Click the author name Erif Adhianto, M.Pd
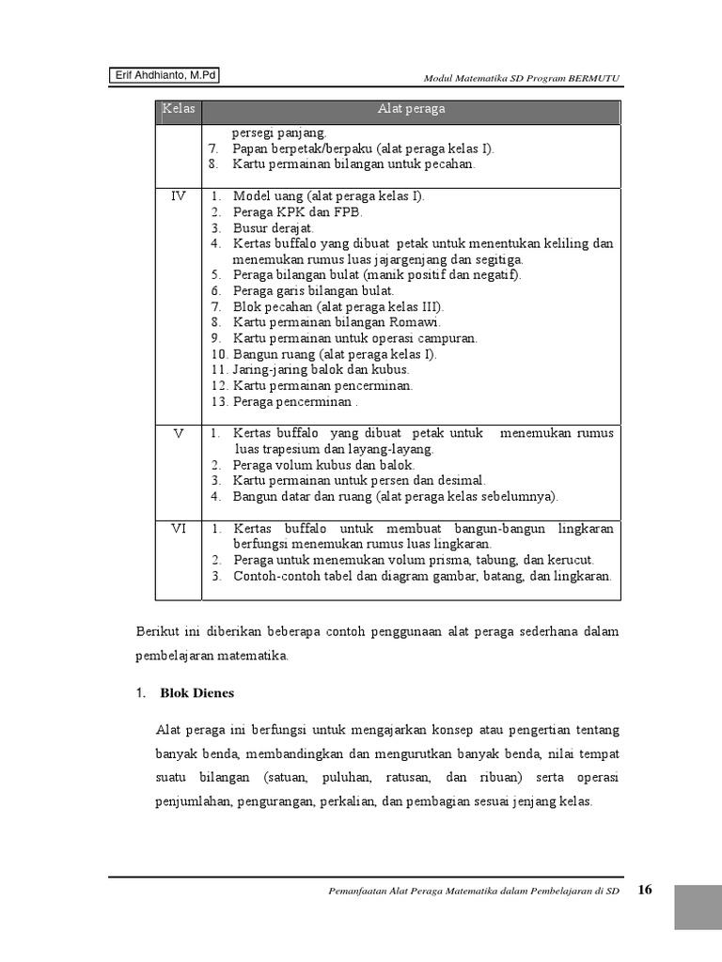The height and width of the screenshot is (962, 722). (165, 76)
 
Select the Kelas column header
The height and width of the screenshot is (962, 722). (178, 109)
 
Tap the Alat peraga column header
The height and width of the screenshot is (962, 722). (411, 109)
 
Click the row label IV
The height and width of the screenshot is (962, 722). (179, 196)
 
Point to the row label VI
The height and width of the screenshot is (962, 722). (179, 529)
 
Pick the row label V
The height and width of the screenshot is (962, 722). (179, 433)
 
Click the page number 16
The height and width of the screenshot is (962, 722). (645, 890)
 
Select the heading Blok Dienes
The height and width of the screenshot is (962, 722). (196, 693)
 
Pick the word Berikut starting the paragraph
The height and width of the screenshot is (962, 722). (157, 631)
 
